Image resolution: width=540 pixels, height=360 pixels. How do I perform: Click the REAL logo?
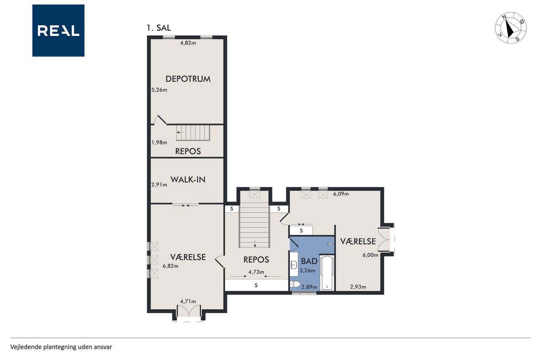(58, 31)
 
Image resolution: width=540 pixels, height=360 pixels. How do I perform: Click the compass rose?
(510, 28)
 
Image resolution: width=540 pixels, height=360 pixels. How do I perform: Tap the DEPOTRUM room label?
(188, 79)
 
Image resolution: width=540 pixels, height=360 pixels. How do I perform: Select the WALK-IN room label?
(188, 179)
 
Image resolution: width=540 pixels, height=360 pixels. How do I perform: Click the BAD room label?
(309, 261)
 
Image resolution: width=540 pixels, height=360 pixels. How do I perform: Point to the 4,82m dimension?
(188, 43)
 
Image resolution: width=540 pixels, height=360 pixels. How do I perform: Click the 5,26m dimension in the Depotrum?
(159, 90)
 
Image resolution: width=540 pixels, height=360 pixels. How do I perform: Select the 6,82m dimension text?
(170, 266)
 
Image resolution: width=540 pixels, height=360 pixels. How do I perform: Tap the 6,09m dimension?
(341, 194)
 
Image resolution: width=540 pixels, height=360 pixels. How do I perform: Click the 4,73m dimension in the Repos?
(256, 272)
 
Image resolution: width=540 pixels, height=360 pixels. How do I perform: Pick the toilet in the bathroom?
(294, 285)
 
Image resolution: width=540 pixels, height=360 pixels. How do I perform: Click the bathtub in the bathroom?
(327, 273)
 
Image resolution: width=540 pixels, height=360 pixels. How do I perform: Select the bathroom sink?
(294, 265)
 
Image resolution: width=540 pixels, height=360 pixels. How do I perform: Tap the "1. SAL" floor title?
(159, 28)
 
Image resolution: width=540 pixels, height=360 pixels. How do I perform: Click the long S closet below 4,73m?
(256, 285)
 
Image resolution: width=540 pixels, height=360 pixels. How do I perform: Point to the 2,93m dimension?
(358, 287)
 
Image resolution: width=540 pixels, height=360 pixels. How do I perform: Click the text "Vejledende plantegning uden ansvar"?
(61, 347)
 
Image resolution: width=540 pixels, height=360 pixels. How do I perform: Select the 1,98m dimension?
(159, 143)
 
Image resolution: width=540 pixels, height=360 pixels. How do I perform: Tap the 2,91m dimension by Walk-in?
(159, 185)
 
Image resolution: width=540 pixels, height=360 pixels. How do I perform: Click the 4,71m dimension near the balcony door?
(188, 301)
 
